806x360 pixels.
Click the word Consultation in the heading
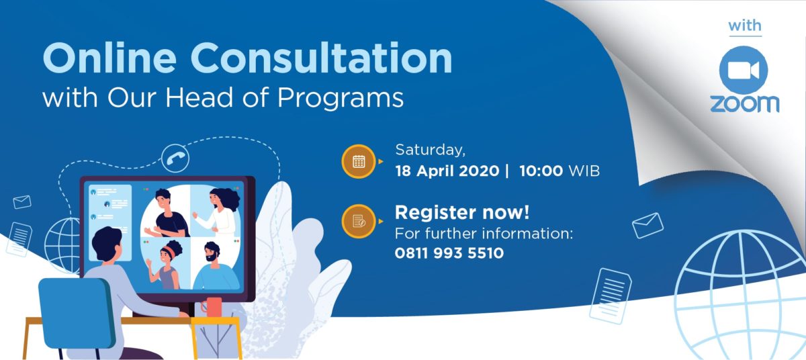[321, 58]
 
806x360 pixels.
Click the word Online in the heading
[109, 58]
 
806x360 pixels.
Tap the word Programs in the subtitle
[341, 98]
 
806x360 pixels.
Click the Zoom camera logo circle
[744, 70]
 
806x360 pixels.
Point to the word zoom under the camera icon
[744, 103]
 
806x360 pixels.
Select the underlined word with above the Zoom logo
[745, 26]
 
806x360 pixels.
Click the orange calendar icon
[359, 161]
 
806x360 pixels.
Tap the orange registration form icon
[359, 221]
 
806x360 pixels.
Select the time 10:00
[541, 171]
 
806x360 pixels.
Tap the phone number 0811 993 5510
[449, 253]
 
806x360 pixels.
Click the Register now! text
[462, 212]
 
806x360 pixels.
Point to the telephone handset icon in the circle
[175, 159]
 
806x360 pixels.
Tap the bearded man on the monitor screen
[215, 266]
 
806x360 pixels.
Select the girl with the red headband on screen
[165, 265]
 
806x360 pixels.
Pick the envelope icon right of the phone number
[647, 226]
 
